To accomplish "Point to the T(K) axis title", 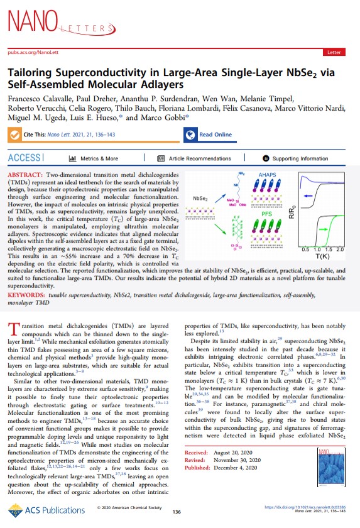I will [x=322, y=256].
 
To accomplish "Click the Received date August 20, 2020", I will [x=241, y=469].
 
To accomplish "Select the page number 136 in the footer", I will [x=176, y=512].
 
